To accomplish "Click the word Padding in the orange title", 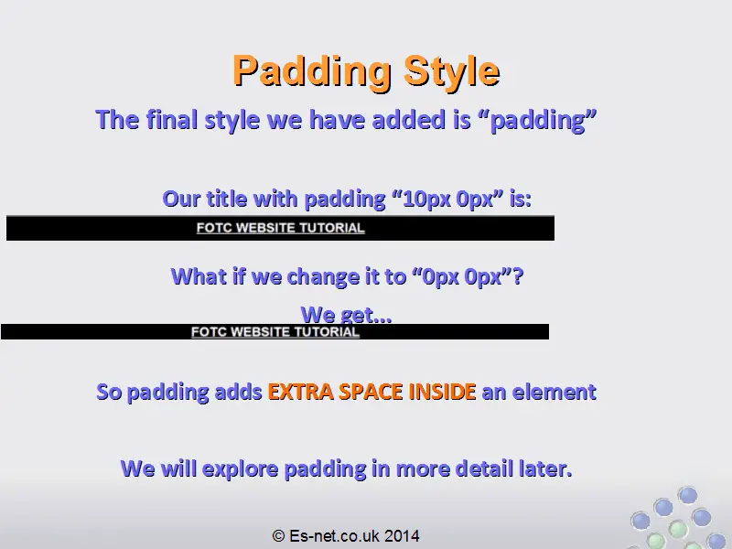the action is (x=312, y=71).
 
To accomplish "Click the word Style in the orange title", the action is (x=452, y=71).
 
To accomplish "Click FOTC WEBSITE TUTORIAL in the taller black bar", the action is (x=280, y=228).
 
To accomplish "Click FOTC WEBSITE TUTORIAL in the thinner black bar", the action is (x=275, y=332).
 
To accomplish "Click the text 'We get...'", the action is (x=346, y=315).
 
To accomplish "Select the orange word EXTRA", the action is (x=300, y=392).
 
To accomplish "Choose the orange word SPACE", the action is (x=371, y=392).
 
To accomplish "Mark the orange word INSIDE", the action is (x=443, y=392).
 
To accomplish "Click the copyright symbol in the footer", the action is (x=279, y=535).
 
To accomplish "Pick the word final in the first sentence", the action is (x=172, y=120).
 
